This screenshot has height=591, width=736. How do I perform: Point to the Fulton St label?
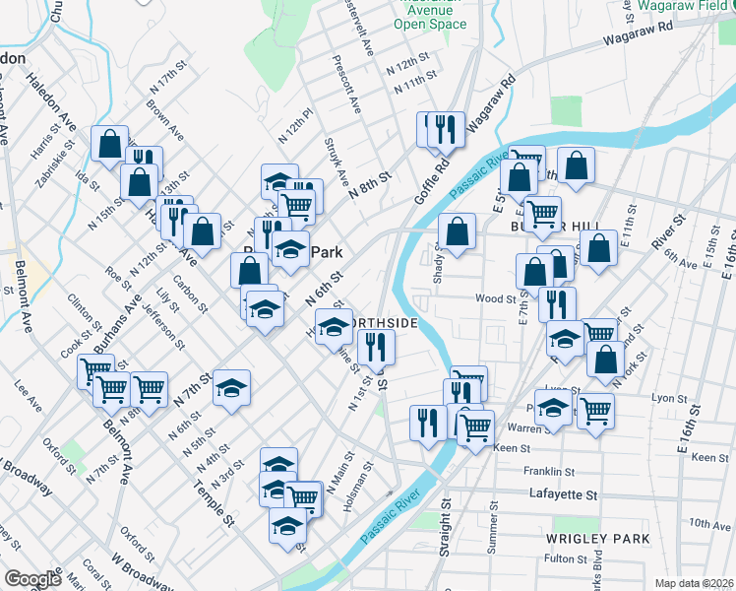coord(565,559)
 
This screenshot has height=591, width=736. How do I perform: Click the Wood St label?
coord(495,298)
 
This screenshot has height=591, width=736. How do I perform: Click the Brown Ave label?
coord(163,114)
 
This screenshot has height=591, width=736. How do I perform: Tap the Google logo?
coord(32,579)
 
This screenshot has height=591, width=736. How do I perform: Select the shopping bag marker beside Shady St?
coord(458,233)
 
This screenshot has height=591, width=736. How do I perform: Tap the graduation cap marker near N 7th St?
coord(232,390)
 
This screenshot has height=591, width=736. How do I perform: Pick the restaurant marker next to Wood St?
coord(558,303)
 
